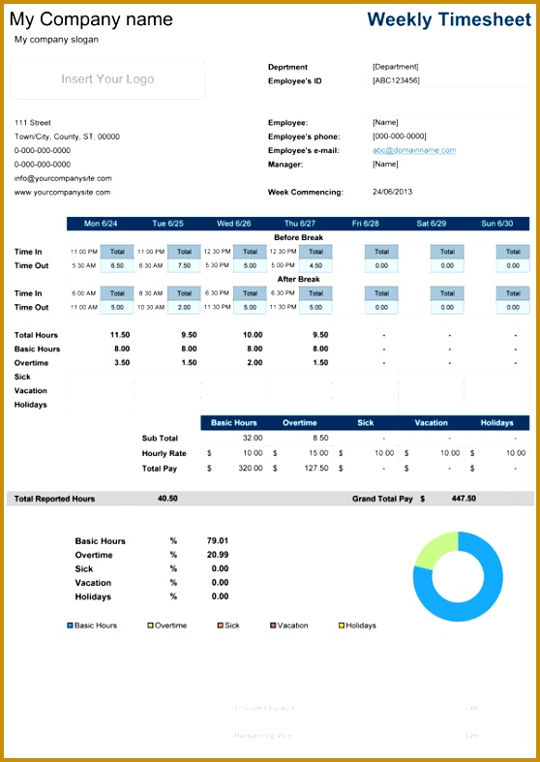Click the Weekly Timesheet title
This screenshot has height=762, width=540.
(449, 18)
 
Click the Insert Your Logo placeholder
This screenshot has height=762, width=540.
(107, 79)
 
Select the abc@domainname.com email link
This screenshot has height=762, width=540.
(414, 150)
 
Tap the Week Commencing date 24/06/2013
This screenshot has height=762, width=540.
(393, 192)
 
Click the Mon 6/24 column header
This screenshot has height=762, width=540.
(100, 224)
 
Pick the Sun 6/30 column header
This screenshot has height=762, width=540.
(496, 224)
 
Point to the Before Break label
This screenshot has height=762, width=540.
(298, 237)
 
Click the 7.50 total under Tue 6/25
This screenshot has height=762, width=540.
(184, 265)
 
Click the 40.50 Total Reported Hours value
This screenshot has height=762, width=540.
(167, 499)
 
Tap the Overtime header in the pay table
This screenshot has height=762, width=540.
(299, 423)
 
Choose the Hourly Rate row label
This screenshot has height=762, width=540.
(164, 453)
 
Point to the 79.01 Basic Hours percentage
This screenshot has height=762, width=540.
(218, 541)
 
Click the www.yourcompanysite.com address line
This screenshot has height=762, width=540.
(62, 192)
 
